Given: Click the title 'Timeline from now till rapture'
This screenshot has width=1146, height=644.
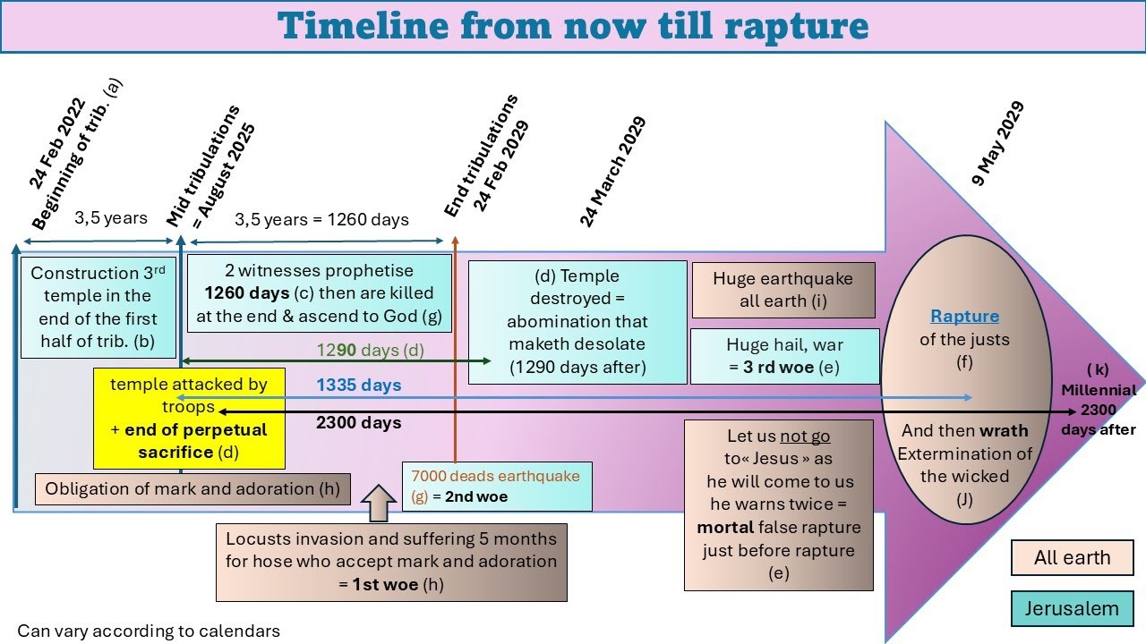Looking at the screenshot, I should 573,26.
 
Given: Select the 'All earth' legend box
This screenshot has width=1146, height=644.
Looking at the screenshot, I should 1072,558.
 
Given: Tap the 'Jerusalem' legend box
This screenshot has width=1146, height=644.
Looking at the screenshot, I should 1072,609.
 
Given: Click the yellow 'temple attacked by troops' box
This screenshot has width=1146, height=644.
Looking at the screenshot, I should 189,418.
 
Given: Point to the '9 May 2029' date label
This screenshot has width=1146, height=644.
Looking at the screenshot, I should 998,144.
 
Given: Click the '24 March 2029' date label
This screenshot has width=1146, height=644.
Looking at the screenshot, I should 612,172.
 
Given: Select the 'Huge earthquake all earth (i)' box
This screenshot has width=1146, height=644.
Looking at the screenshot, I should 783,290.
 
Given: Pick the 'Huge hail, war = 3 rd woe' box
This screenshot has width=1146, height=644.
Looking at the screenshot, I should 784,355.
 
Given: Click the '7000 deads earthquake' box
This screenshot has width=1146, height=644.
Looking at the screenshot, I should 497,486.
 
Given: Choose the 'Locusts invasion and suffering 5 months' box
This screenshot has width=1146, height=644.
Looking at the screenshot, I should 391,562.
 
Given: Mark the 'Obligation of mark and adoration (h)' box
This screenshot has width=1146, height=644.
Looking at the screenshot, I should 192,488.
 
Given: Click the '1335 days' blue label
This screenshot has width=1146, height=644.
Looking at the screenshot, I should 358,386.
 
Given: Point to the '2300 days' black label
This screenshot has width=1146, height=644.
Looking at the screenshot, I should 358,422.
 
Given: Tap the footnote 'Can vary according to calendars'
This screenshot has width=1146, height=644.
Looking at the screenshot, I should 149,631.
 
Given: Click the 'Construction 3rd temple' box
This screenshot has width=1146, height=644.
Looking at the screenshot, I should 98,307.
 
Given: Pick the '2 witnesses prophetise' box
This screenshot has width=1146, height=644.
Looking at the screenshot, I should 319,293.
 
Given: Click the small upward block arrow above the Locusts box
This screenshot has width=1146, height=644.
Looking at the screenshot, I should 380,503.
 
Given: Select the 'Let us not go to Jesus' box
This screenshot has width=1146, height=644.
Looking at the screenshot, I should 778,504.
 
